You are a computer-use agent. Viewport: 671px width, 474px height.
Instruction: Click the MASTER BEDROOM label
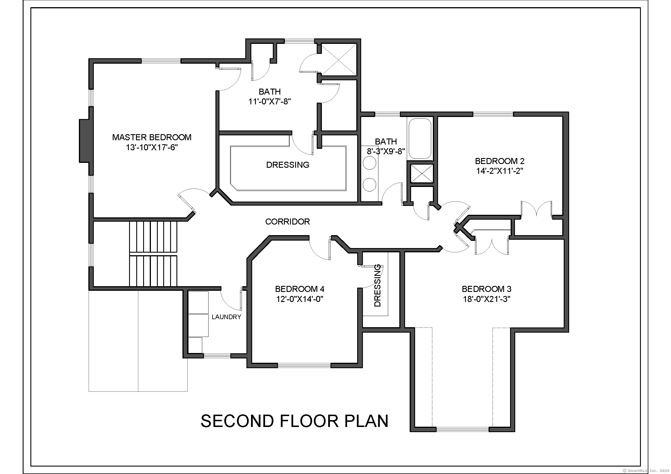[x=152, y=137]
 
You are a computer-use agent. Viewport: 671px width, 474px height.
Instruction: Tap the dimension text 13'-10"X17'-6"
[x=152, y=147]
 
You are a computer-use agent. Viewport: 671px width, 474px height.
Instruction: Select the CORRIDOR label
[x=287, y=222]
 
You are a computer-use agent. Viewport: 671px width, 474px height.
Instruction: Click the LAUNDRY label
[x=226, y=317]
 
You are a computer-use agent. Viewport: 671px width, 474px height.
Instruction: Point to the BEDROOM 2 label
[x=499, y=161]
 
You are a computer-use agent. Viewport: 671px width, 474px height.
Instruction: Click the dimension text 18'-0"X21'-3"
[x=486, y=299]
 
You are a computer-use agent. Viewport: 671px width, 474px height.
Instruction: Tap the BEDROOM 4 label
[x=299, y=289]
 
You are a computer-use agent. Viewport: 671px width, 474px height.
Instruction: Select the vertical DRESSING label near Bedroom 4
[x=377, y=285]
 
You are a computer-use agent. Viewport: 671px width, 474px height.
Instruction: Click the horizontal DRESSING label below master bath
[x=287, y=165]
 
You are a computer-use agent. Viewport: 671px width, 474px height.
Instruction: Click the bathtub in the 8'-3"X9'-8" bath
[x=420, y=138]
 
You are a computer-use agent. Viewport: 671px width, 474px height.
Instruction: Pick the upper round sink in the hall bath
[x=369, y=163]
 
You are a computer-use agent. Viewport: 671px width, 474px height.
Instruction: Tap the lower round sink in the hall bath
[x=369, y=184]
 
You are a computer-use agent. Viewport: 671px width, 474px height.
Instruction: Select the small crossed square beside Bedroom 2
[x=422, y=173]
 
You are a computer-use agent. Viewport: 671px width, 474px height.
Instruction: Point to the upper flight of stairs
[x=153, y=237]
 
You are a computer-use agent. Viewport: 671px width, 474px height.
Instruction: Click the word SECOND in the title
[x=237, y=421]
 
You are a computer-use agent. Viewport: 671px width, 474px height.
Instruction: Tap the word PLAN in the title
[x=366, y=421]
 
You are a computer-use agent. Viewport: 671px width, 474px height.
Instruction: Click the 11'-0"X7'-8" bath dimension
[x=269, y=102]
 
